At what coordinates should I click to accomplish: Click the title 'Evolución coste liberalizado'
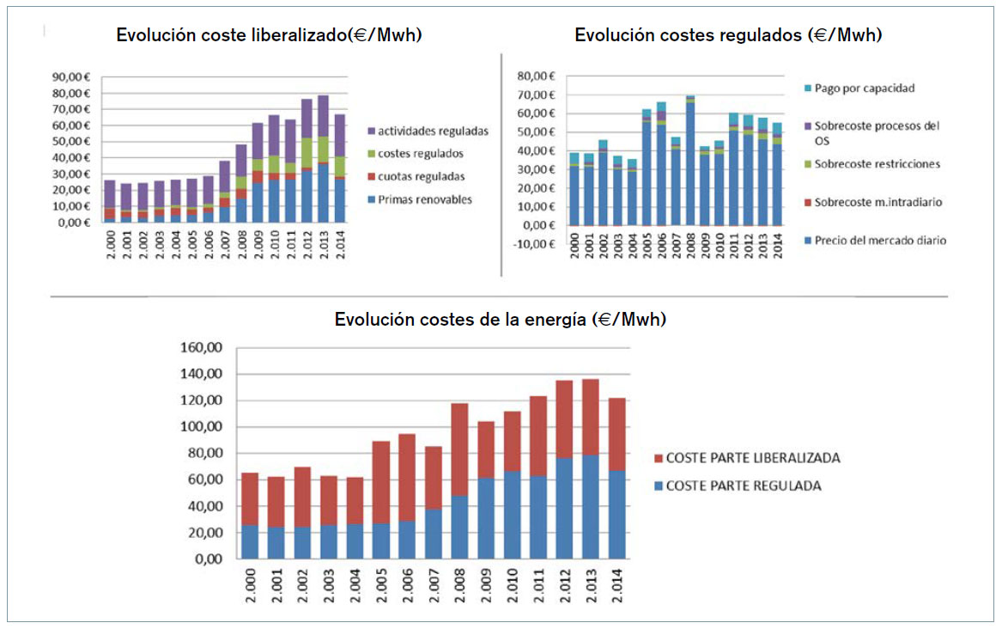point(269,35)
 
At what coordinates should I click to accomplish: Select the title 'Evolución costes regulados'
point(728,35)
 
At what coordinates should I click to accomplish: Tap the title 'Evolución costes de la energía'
point(501,319)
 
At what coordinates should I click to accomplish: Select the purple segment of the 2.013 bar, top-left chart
point(324,116)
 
